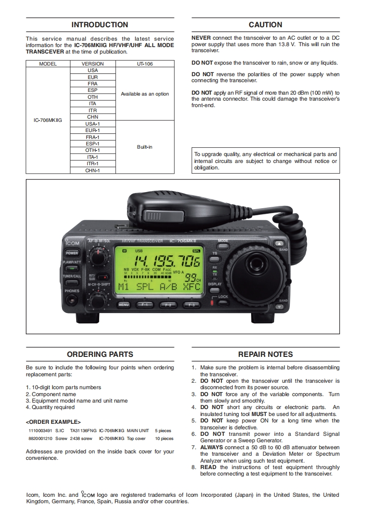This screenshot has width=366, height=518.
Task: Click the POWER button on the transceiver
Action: pos(72,253)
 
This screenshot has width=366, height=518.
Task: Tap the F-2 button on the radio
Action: pos(168,305)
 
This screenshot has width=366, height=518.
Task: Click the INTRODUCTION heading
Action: pos(100,25)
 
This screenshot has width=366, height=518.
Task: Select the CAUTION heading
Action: pos(265,25)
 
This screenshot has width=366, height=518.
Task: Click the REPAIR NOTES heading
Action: pos(265,355)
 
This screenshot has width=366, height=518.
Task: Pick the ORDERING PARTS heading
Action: pos(100,355)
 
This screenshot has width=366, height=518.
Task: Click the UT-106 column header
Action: pos(145,64)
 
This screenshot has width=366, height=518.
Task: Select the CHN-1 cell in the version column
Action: pos(93,170)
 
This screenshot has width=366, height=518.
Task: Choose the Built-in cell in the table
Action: pos(145,147)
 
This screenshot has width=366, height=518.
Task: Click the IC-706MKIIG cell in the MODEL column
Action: pos(48,120)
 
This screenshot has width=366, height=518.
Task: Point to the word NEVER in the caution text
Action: pos(201,38)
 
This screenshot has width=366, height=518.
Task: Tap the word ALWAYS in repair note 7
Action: pos(211,447)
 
